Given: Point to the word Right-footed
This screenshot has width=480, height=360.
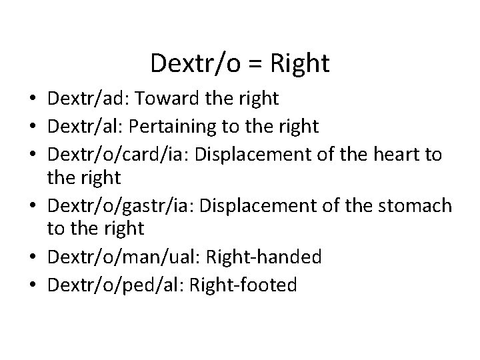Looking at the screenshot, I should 243,285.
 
